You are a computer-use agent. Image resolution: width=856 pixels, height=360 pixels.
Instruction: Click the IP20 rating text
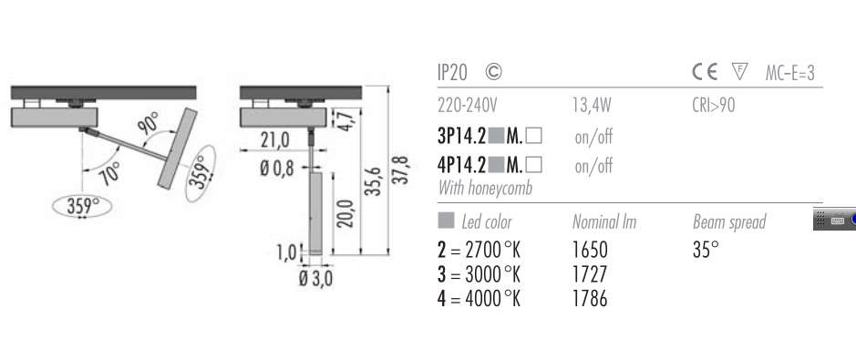[452, 72]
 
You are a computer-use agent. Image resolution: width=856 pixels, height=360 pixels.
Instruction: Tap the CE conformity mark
[705, 72]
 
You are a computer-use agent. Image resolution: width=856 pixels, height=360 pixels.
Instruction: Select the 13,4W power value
[592, 105]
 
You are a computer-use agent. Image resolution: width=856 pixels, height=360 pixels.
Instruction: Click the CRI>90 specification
[714, 105]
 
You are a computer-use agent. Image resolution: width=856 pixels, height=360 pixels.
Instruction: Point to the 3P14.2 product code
[461, 136]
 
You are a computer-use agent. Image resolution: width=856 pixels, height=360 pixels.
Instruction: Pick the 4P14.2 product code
[461, 165]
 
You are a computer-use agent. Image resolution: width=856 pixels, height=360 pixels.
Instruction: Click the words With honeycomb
[485, 188]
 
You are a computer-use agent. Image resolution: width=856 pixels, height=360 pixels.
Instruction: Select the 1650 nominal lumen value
[590, 250]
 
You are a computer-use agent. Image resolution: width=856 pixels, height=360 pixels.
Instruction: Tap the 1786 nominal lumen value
[590, 299]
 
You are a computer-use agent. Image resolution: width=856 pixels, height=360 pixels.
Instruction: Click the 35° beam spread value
[706, 250]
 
